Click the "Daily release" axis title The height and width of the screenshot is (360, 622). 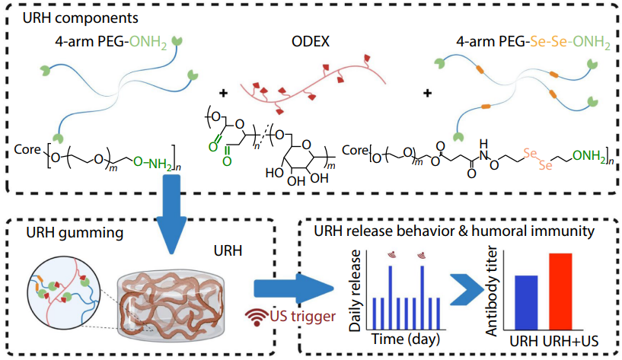click(x=356, y=288)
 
